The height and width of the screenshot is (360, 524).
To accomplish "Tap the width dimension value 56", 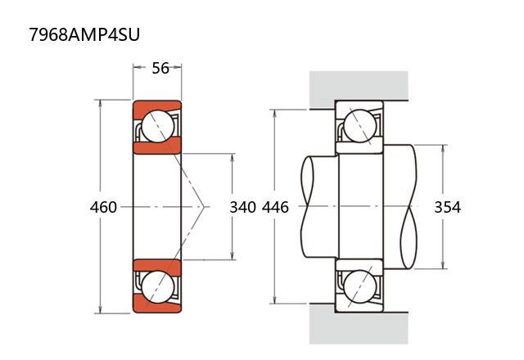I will [160, 68].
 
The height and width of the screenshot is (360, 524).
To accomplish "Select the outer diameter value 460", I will [103, 207].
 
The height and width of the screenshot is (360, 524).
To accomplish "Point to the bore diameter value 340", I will [242, 207].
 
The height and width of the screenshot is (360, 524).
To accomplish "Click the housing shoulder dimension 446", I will [275, 207].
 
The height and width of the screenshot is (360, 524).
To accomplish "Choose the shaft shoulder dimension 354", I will [447, 207].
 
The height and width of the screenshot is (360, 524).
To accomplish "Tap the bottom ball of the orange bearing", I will [156, 287].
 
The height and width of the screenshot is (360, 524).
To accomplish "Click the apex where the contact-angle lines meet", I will [204, 207].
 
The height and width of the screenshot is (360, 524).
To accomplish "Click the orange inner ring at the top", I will [156, 147].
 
